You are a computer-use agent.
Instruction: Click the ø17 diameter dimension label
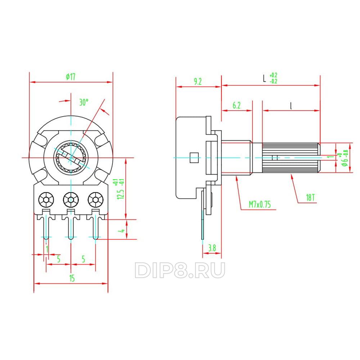tap(71, 77)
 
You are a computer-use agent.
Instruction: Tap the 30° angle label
tap(84, 102)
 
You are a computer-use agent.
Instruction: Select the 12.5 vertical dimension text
tap(121, 194)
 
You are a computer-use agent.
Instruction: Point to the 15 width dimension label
tap(72, 278)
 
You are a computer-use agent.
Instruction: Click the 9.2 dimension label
tap(198, 81)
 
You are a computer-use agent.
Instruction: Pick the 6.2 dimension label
tap(237, 105)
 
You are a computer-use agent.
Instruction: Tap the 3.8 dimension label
tap(212, 248)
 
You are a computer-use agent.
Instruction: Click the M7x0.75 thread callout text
tap(260, 204)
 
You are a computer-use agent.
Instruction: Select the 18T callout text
tap(310, 197)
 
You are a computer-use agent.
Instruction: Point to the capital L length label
tap(265, 78)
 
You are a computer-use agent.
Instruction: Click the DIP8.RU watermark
tap(180, 270)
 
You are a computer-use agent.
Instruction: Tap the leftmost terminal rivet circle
tap(46, 200)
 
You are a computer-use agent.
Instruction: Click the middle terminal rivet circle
tap(71, 200)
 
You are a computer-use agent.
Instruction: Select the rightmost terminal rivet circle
tap(95, 200)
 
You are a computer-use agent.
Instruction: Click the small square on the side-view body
tap(194, 158)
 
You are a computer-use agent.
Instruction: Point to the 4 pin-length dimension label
tap(122, 230)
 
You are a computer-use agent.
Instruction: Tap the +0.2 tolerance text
tap(274, 75)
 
